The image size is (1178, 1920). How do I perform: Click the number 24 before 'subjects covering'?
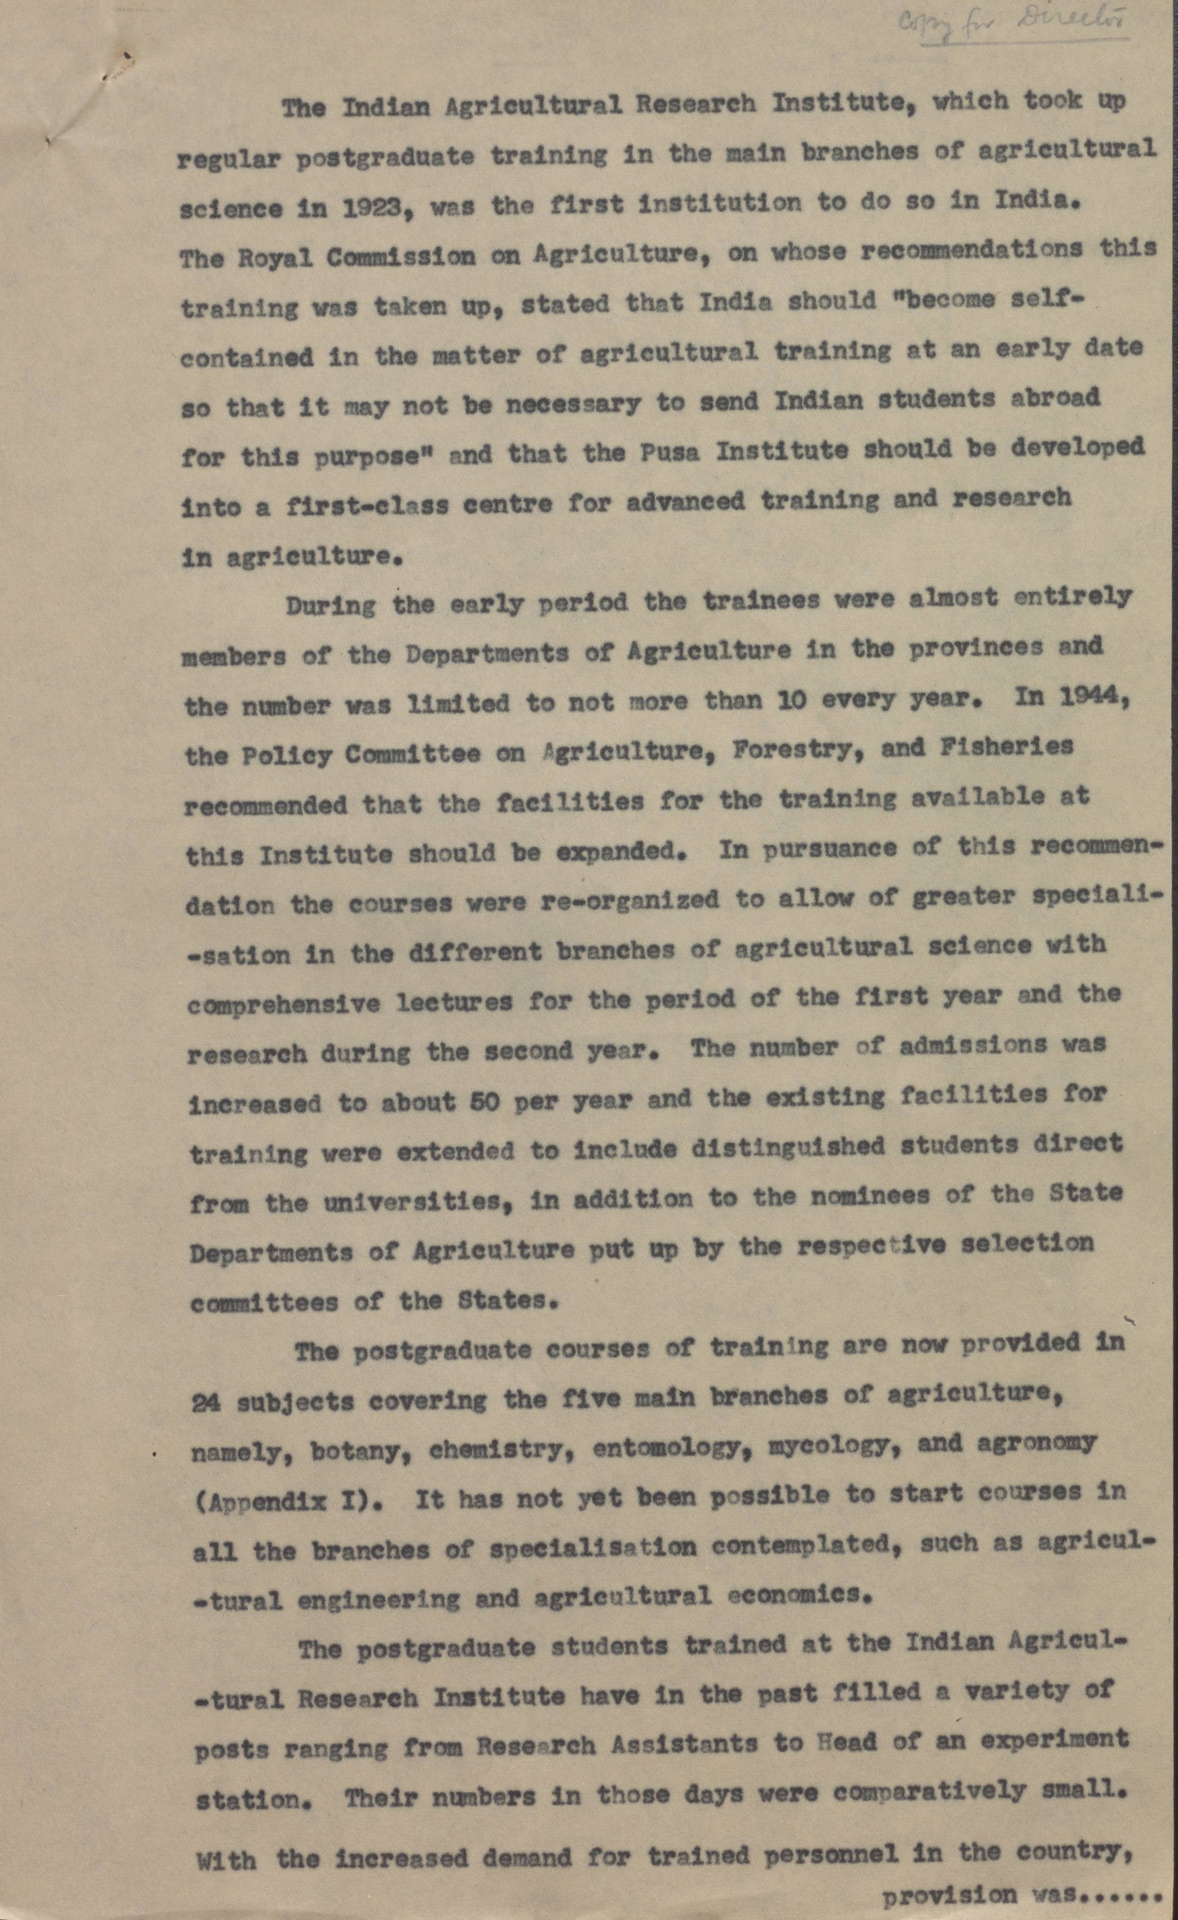click(x=206, y=1403)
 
